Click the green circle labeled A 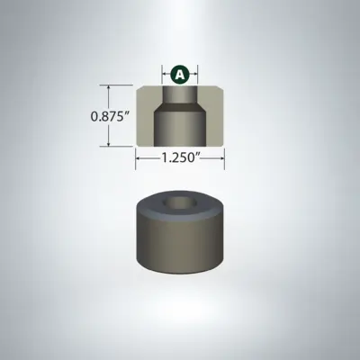tap(180, 75)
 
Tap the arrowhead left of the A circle tap(165, 75)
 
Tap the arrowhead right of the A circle tap(195, 75)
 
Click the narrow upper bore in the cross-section tap(180, 94)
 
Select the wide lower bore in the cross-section tap(180, 126)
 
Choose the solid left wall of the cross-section tap(146, 121)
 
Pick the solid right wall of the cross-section tap(214, 121)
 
